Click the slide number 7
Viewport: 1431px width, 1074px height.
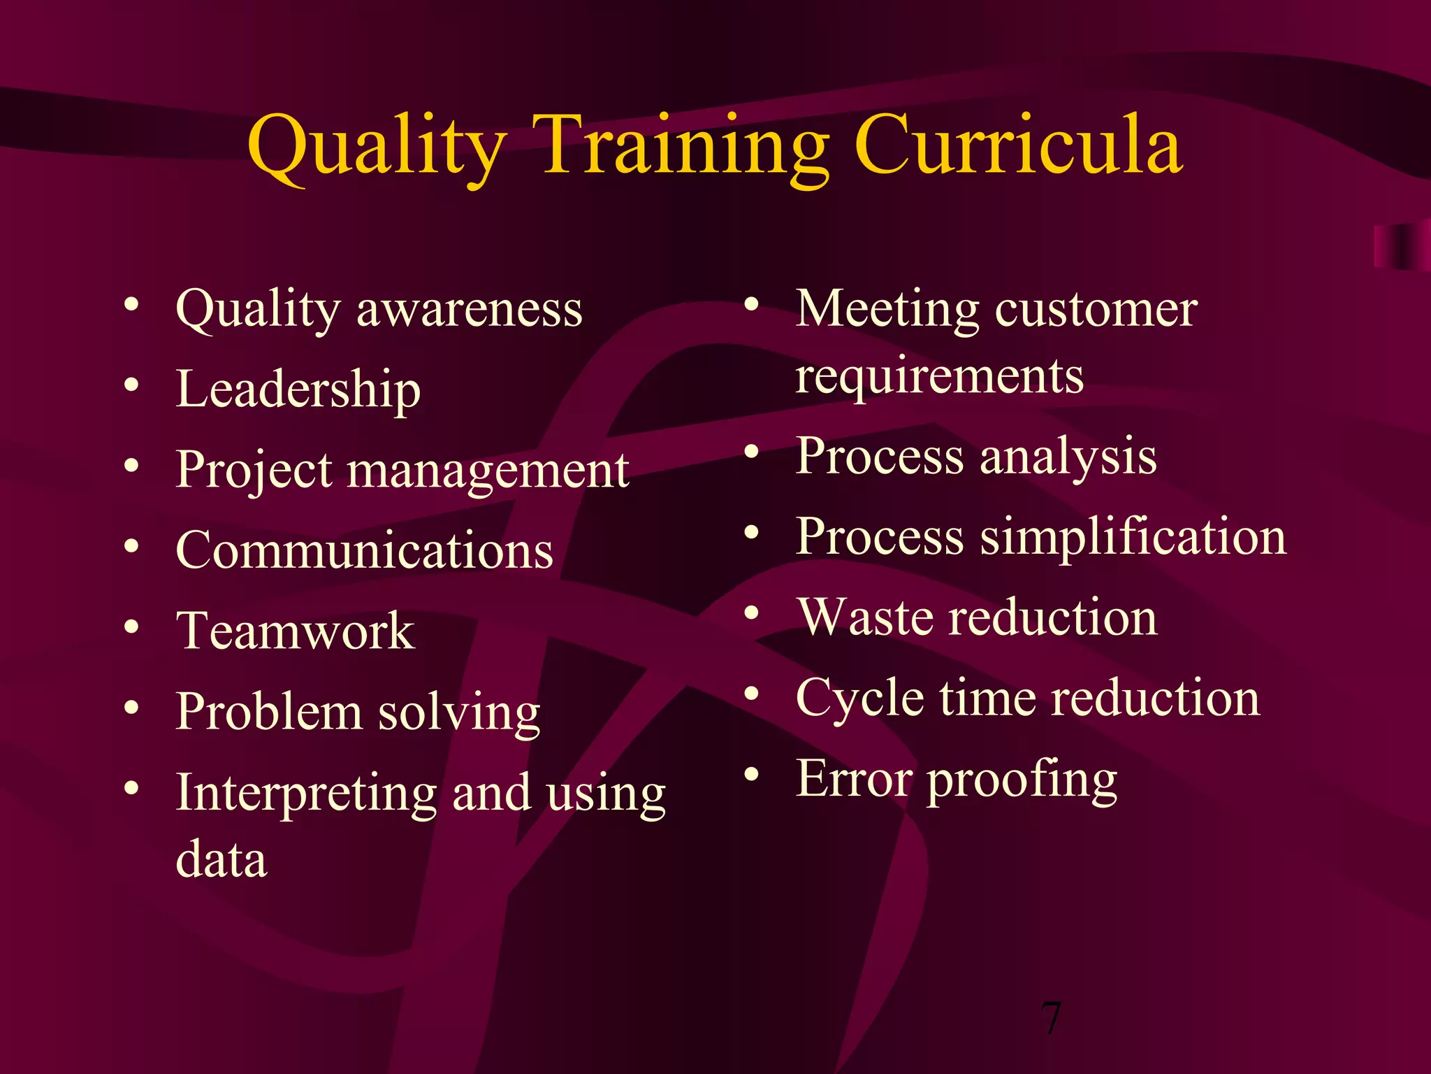coord(1050,1017)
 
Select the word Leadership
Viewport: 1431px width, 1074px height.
coord(298,389)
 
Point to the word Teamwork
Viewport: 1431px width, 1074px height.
coord(296,631)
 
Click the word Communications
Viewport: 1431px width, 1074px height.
coord(365,550)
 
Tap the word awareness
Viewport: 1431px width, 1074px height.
coord(470,310)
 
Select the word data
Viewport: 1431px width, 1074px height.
coord(221,859)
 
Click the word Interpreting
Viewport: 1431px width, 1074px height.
coord(306,794)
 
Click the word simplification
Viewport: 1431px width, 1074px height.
coord(1133,538)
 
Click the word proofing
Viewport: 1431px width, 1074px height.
coord(1022,780)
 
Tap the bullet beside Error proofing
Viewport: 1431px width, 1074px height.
coord(751,774)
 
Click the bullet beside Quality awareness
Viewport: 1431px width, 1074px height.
coord(131,304)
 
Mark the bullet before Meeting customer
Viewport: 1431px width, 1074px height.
coord(751,304)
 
